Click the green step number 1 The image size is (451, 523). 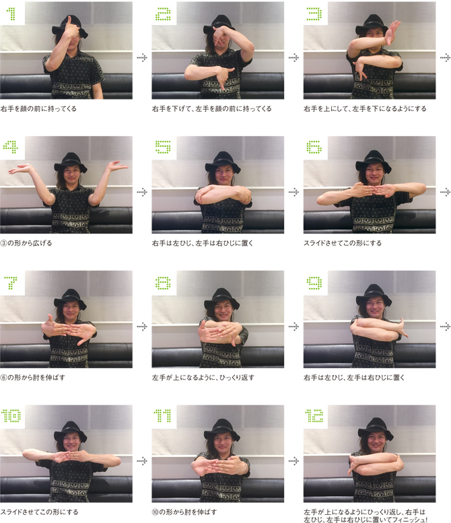pos(12,13)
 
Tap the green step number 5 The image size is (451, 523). pos(163,147)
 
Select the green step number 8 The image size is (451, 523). pos(163,283)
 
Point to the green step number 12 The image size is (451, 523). pos(314,416)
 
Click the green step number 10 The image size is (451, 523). pos(11,416)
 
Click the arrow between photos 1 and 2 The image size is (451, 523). pos(142,58)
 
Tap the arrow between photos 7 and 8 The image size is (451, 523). pos(142,326)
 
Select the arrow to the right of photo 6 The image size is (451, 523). pos(446,192)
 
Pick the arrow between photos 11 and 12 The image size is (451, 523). pos(293,461)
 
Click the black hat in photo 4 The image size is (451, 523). pos(71,161)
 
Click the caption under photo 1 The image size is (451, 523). pos(38,109)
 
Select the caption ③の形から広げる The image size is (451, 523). pos(26,243)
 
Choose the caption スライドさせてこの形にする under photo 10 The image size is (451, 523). pos(39,512)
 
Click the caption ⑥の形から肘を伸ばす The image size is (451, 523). pos(33,378)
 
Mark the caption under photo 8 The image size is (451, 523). pos(203,378)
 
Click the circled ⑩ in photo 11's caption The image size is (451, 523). pos(155,512)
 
